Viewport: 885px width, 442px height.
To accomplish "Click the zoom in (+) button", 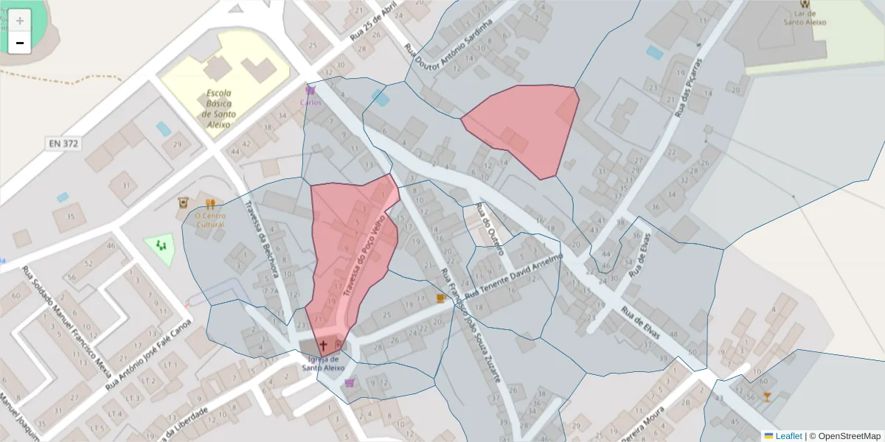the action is (20, 20).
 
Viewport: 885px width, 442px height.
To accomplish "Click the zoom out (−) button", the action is (20, 43).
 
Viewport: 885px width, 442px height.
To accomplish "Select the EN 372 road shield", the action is (62, 143).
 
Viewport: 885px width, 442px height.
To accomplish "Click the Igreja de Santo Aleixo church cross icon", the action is (323, 344).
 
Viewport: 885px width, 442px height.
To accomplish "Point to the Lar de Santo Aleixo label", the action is (805, 18).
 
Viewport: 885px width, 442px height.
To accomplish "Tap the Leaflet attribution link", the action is (788, 436).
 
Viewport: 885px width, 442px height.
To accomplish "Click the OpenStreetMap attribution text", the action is (844, 436).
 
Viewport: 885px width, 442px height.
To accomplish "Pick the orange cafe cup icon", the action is (441, 298).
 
